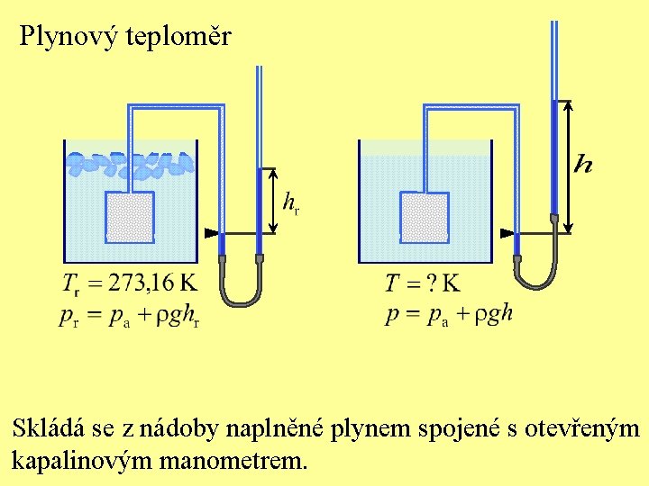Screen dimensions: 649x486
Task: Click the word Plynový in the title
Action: [x=63, y=37]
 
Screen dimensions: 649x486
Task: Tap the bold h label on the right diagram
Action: [x=584, y=163]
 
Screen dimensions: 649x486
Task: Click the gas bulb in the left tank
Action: [x=131, y=217]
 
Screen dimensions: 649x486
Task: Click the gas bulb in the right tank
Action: [x=425, y=217]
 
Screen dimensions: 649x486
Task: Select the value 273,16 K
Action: [x=152, y=283]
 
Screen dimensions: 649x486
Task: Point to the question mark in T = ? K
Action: [x=431, y=284]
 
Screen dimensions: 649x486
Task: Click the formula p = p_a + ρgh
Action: [x=449, y=313]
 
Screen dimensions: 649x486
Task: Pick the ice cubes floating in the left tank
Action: [x=131, y=163]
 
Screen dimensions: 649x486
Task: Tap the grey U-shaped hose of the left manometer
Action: [x=239, y=292]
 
